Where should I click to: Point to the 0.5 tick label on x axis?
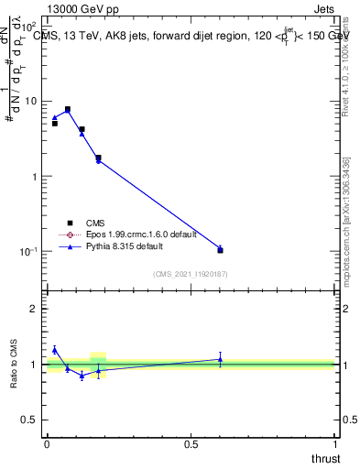[191, 444]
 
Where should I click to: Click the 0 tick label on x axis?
[47, 444]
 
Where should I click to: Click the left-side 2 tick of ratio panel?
[36, 309]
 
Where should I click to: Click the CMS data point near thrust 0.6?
[220, 250]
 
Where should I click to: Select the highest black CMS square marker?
[67, 109]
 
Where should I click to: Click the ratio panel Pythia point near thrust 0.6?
[220, 360]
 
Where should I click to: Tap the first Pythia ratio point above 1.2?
[55, 349]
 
